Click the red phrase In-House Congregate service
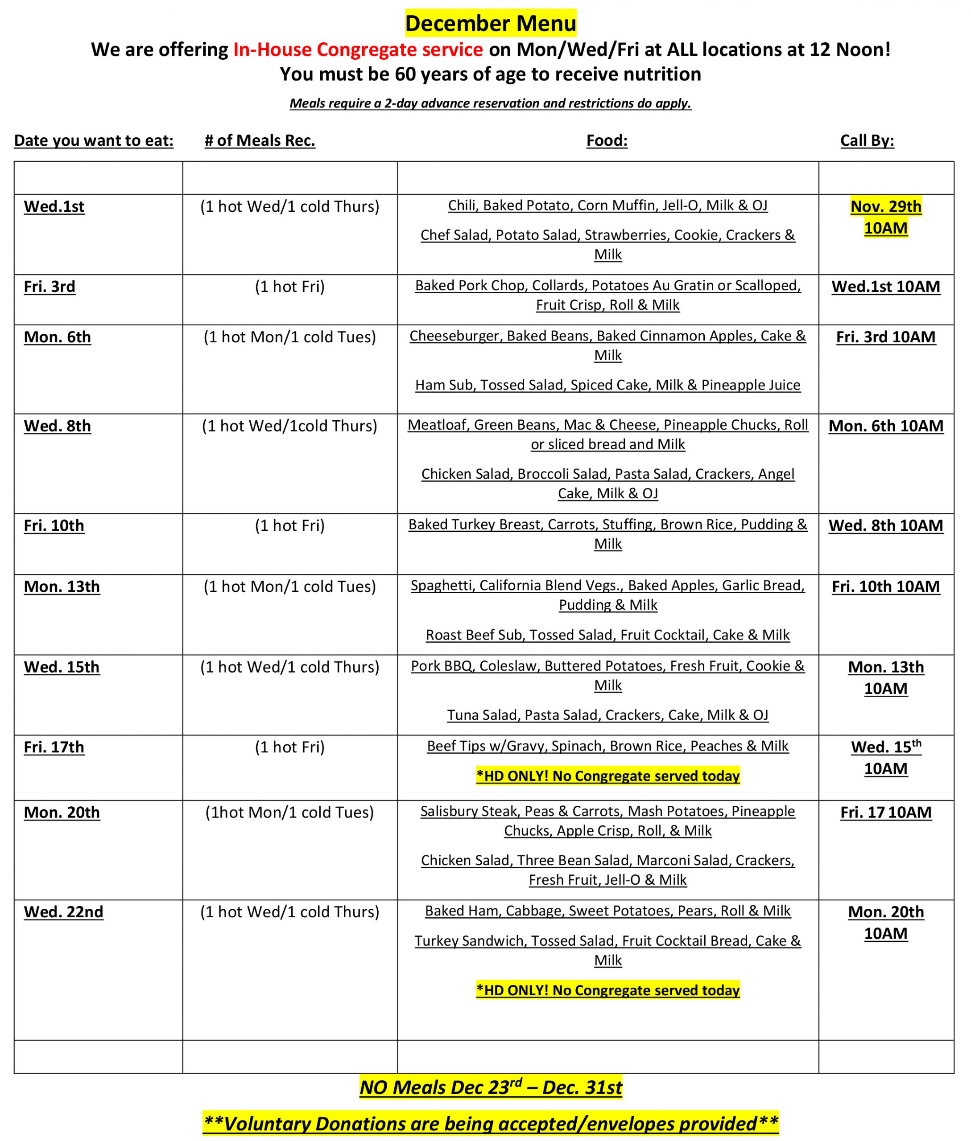click(x=358, y=49)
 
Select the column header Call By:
click(x=867, y=140)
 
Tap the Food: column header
click(x=607, y=140)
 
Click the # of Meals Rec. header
click(x=260, y=140)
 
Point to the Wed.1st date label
click(x=54, y=206)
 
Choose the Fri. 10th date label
click(x=54, y=525)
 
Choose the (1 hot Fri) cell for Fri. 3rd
click(x=289, y=287)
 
